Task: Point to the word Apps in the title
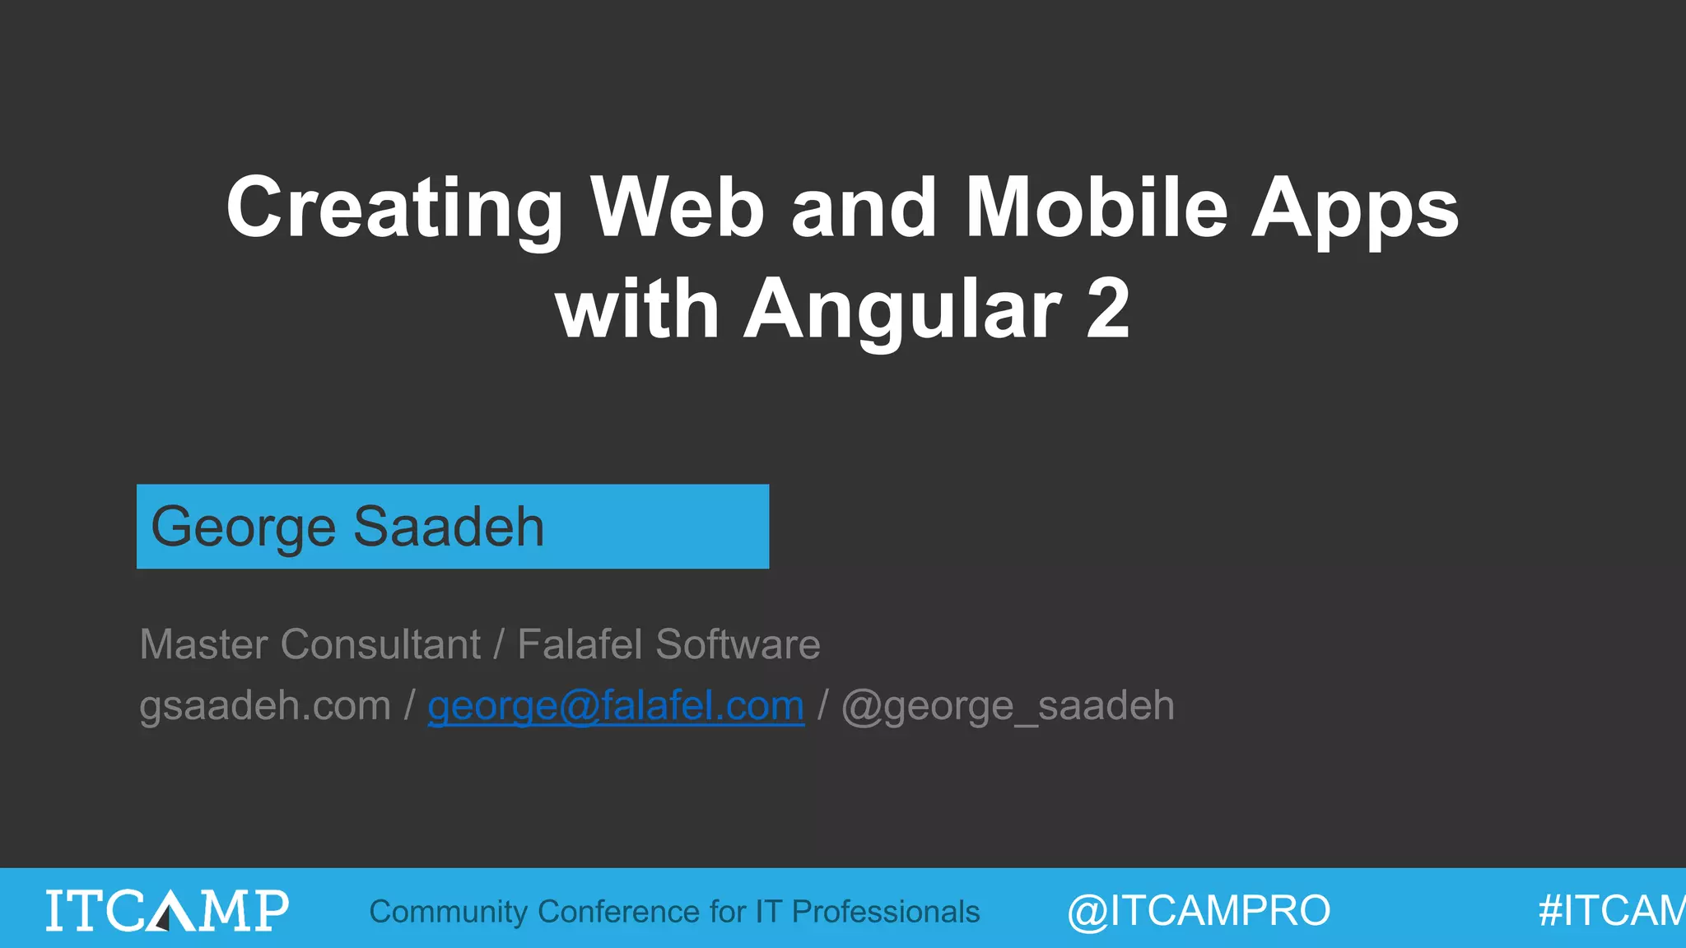[1355, 210]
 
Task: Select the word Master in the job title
[205, 644]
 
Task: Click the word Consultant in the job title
[380, 644]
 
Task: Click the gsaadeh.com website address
[264, 706]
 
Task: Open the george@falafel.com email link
[616, 706]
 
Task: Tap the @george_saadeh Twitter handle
[1008, 706]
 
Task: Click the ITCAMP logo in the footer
[167, 909]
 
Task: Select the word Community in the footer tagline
[448, 912]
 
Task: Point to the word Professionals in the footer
[885, 912]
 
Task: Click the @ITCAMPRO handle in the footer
[1199, 911]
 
